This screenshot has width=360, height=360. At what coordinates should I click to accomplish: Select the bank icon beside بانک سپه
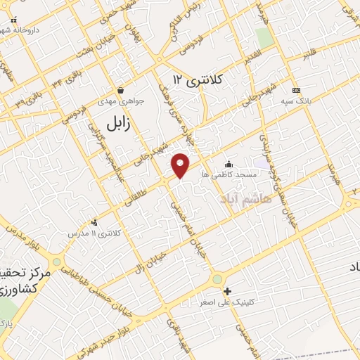[x=295, y=90]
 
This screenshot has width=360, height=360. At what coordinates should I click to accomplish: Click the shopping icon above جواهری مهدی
[x=121, y=90]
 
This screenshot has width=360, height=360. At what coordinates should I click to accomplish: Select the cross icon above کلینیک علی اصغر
[x=226, y=291]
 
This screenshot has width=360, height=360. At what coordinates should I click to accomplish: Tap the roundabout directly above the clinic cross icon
[x=219, y=278]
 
